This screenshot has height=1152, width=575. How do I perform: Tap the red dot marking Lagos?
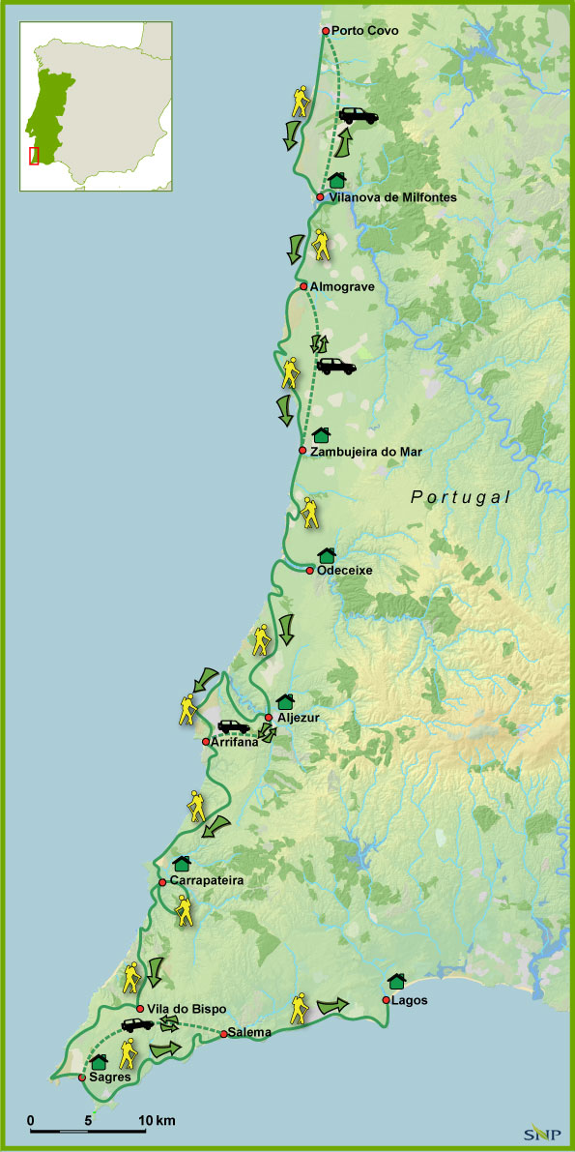387,999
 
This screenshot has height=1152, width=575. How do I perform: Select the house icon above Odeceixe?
327,555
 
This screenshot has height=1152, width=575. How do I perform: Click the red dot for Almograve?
303,286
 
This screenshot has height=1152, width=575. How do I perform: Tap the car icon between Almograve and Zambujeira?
335,367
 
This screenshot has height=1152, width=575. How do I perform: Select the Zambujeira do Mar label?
366,451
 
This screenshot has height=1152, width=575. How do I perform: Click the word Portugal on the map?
460,497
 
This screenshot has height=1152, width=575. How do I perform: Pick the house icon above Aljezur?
284,700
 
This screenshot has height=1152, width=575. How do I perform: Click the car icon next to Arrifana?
233,726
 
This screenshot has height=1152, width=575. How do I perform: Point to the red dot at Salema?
223,1034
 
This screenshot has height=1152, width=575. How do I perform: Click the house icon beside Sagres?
99,1062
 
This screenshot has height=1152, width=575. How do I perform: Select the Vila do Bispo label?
187,1009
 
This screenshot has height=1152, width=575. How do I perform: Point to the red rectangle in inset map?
34,156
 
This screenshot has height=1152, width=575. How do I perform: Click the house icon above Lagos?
395,981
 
